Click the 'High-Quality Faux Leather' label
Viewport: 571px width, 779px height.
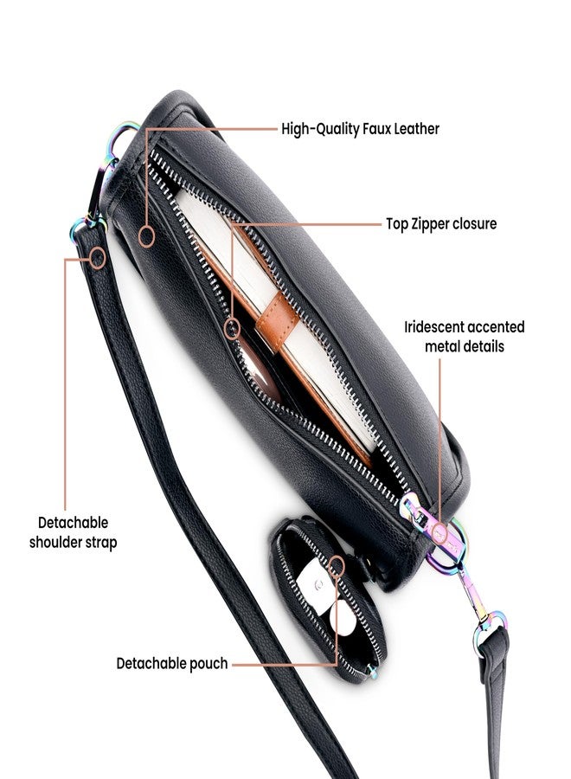click(360, 129)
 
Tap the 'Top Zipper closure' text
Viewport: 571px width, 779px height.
click(441, 223)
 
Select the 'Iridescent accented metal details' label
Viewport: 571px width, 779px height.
click(465, 337)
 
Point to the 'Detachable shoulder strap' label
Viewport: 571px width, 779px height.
click(73, 532)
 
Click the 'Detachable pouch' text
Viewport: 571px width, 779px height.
click(172, 663)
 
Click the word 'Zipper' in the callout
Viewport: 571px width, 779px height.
click(431, 224)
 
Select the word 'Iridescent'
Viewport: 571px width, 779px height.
click(434, 327)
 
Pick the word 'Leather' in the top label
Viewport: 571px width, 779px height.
click(417, 129)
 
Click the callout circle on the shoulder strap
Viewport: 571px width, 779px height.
click(98, 258)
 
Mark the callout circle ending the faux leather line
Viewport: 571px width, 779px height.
click(146, 236)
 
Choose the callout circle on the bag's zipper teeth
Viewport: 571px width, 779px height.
click(232, 328)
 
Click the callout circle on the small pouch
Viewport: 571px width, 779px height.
click(337, 566)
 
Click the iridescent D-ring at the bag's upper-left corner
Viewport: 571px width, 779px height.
click(119, 139)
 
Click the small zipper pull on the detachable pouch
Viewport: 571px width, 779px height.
click(371, 672)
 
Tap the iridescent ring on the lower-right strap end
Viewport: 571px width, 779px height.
click(490, 632)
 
